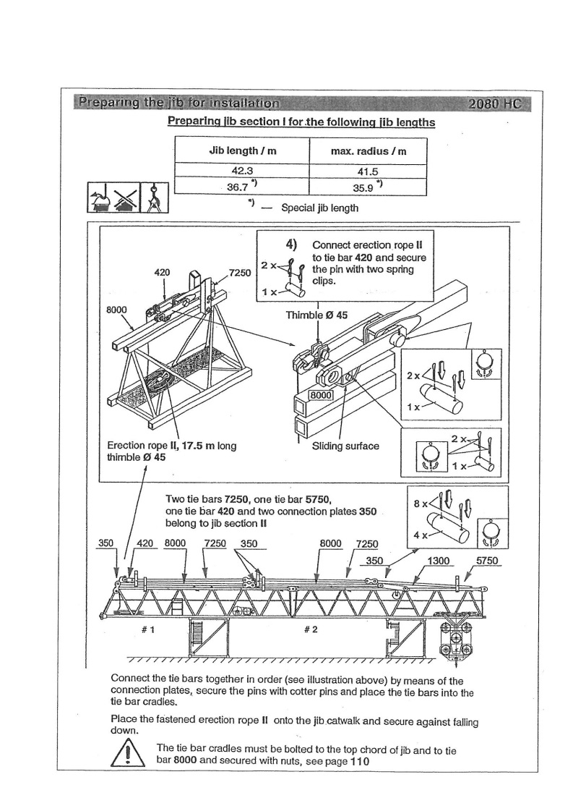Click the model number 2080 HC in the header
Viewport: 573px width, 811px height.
click(494, 103)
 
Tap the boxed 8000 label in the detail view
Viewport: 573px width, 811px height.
click(319, 395)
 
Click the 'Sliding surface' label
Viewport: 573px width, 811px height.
click(345, 446)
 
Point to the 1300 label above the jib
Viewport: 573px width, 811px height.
click(439, 561)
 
